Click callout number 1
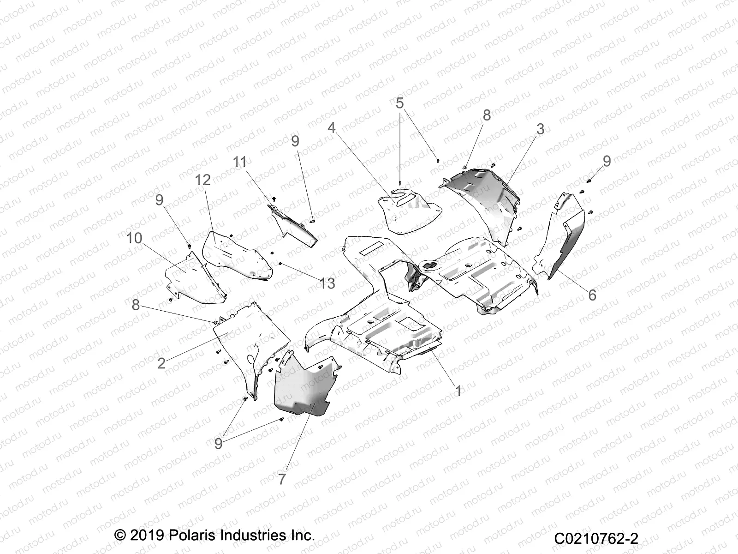(x=458, y=391)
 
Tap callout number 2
(x=161, y=364)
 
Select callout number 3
(x=540, y=129)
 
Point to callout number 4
(x=332, y=128)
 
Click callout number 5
(x=399, y=103)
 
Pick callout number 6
(x=592, y=295)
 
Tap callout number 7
(x=282, y=479)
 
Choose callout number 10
(x=135, y=239)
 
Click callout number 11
(x=240, y=162)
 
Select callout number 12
(x=203, y=181)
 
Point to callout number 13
(x=327, y=283)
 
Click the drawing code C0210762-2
(x=596, y=538)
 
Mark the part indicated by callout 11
(x=292, y=225)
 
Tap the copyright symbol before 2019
(x=119, y=535)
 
